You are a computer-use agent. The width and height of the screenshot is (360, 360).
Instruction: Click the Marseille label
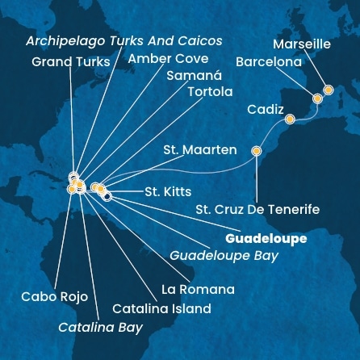pos(302,44)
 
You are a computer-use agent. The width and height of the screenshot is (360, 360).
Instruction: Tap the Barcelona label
pos(269,61)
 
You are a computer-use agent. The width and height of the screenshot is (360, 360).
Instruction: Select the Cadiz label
pos(266,109)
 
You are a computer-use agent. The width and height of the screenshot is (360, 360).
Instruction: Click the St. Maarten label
pos(199,150)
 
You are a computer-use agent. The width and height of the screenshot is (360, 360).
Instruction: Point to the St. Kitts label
pos(168,192)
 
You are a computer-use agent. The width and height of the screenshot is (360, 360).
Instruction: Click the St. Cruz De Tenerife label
pos(257,210)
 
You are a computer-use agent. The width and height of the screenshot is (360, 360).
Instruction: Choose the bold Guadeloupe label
pos(266,239)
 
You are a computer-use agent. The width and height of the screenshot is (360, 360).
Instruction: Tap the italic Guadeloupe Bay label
pos(224,255)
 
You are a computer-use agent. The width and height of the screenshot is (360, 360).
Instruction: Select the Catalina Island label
pos(161,308)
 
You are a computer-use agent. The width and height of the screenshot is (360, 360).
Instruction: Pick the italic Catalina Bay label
pos(100,327)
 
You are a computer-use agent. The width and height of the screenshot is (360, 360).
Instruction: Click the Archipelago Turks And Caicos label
pos(123,40)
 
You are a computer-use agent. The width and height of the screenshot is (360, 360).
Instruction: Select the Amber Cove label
pos(169,59)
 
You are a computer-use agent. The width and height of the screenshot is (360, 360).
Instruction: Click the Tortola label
pos(210,92)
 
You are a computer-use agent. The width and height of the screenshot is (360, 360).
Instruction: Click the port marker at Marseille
pos(328,90)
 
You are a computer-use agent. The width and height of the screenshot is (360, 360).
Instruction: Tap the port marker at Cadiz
pos(290,119)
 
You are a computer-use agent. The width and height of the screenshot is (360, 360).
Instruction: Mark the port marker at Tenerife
pos(257,150)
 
